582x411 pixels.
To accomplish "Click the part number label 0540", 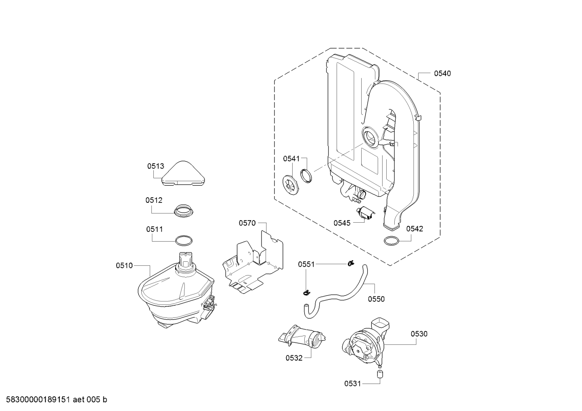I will (442, 73).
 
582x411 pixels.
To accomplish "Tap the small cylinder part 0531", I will (380, 374).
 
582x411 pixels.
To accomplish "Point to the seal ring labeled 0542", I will (391, 241).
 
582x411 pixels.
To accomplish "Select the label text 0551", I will (306, 264).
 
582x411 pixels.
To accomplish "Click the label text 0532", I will (294, 358).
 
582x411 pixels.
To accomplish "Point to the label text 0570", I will (247, 223).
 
